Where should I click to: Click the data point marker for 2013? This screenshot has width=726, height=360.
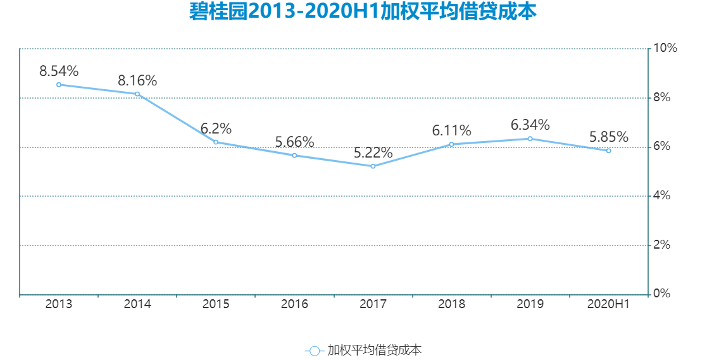click(x=59, y=85)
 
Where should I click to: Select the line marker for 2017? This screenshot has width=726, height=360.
click(x=373, y=166)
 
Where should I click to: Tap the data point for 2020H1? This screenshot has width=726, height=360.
click(x=608, y=151)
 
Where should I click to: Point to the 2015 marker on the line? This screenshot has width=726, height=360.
click(x=216, y=142)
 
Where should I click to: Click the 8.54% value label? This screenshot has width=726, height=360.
click(x=59, y=71)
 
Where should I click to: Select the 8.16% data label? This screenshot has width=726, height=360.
click(x=137, y=80)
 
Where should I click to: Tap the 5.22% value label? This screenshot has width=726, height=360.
click(x=373, y=152)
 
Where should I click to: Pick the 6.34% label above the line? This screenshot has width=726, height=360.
click(x=530, y=125)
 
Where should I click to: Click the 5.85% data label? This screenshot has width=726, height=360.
click(x=608, y=137)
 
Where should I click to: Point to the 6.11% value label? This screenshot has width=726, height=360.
click(x=451, y=130)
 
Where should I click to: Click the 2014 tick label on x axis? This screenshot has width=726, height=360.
click(x=137, y=304)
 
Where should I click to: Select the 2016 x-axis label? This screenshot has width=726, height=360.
click(x=294, y=304)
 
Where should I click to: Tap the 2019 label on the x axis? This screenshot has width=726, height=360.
click(x=530, y=304)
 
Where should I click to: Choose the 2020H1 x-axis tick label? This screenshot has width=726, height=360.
click(x=608, y=304)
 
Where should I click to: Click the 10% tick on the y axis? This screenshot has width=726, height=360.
click(x=665, y=48)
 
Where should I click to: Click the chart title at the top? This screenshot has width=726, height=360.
click(x=363, y=11)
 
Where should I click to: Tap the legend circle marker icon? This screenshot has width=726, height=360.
click(x=315, y=351)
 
